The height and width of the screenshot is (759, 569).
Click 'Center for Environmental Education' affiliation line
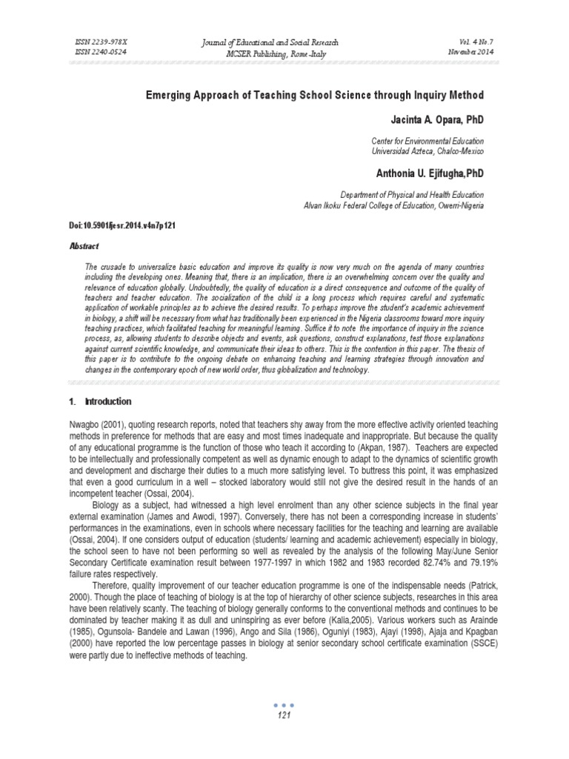[x=427, y=141]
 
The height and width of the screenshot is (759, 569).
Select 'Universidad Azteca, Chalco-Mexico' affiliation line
[x=427, y=150]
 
